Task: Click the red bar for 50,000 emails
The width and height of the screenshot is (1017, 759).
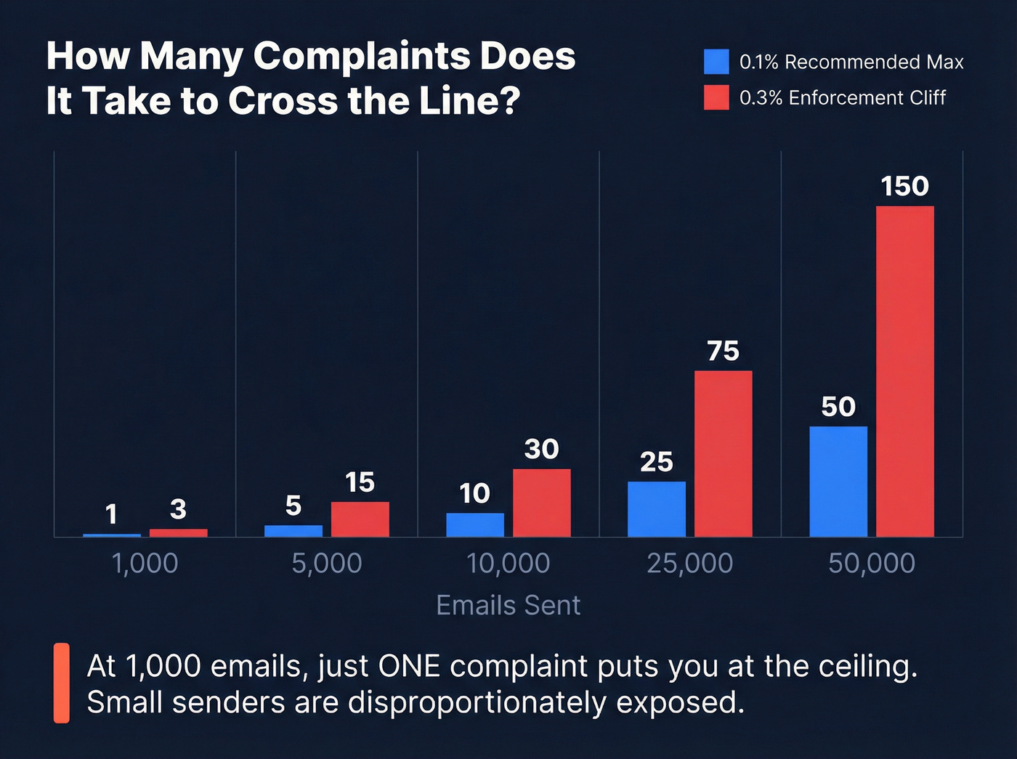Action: click(904, 371)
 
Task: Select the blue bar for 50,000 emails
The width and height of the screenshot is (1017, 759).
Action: click(838, 482)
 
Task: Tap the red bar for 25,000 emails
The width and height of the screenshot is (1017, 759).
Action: click(723, 454)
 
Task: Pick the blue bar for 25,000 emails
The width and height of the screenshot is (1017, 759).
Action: click(656, 509)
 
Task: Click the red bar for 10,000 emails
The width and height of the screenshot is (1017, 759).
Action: click(541, 503)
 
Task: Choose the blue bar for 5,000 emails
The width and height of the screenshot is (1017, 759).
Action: click(293, 531)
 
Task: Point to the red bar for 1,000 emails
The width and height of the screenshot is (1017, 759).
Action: click(178, 533)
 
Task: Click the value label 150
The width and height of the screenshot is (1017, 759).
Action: click(904, 187)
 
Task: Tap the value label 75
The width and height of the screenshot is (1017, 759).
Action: click(723, 352)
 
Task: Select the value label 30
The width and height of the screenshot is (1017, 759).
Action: click(541, 450)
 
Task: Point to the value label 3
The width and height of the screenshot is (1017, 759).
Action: click(178, 509)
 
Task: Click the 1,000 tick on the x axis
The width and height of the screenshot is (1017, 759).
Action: click(145, 564)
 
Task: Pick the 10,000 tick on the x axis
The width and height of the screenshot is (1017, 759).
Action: click(508, 564)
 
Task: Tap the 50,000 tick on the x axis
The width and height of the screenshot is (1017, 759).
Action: click(872, 564)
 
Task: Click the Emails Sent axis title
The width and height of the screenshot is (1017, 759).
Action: click(508, 606)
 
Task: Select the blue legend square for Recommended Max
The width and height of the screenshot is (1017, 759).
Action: click(716, 62)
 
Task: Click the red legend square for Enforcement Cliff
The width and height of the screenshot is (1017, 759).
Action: click(716, 97)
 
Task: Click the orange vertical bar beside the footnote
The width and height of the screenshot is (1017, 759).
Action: click(62, 683)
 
